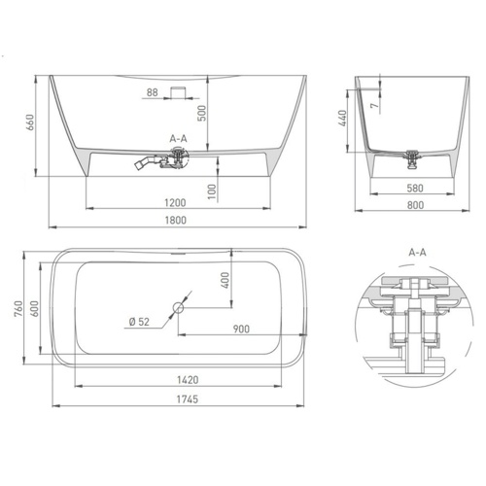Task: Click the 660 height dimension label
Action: pos(30,122)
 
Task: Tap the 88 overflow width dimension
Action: pos(153,92)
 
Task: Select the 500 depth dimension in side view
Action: pos(202,113)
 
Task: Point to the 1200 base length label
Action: pos(175,203)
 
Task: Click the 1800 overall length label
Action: pos(176,221)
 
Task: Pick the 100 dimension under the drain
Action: pos(212,191)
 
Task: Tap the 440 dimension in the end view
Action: pos(342,119)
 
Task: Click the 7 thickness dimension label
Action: pos(374,106)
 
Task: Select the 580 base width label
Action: pos(415,189)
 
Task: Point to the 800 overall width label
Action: pos(415,205)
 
